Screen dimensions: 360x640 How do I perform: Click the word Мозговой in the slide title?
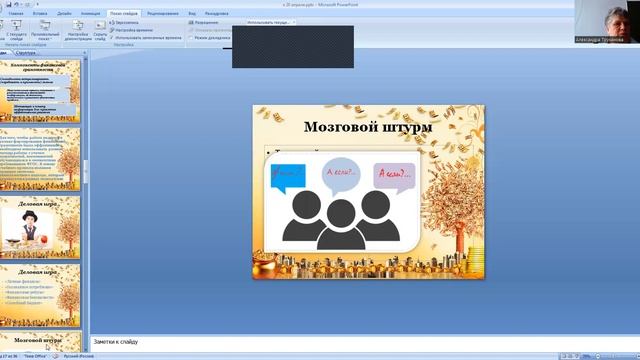tap(337, 128)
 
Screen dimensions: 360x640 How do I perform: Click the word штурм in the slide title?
tap(408, 128)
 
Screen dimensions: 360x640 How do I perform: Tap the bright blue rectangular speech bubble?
tap(287, 177)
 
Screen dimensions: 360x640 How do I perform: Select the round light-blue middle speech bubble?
tap(341, 173)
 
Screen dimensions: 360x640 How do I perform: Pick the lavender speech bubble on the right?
tap(394, 177)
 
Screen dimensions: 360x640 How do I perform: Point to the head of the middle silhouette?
tap(341, 213)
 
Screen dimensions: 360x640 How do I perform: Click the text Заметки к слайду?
tap(116, 342)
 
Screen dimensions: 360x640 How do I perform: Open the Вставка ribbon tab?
tap(41, 14)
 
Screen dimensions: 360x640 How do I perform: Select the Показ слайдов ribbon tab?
tap(124, 14)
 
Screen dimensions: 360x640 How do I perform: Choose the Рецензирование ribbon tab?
tap(163, 14)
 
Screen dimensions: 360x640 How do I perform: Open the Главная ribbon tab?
tap(16, 14)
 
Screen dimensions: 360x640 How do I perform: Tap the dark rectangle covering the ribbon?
tap(292, 47)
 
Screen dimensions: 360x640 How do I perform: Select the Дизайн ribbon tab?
tap(64, 14)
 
